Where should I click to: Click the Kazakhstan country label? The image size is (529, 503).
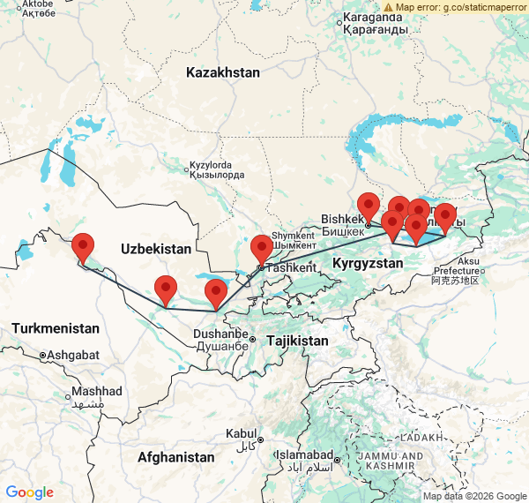click(x=223, y=72)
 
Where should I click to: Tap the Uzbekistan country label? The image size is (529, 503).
click(x=156, y=248)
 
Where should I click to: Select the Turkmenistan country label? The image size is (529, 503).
click(x=56, y=328)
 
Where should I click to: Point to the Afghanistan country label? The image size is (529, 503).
click(x=175, y=457)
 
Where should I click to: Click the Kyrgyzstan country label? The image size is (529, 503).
click(x=368, y=263)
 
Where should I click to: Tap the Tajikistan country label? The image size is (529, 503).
click(x=297, y=341)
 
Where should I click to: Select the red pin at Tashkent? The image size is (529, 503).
click(x=262, y=248)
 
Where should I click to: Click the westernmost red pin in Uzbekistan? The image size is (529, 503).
click(x=83, y=246)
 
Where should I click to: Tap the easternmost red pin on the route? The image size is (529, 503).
click(x=445, y=216)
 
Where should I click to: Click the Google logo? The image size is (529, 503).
click(x=29, y=492)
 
